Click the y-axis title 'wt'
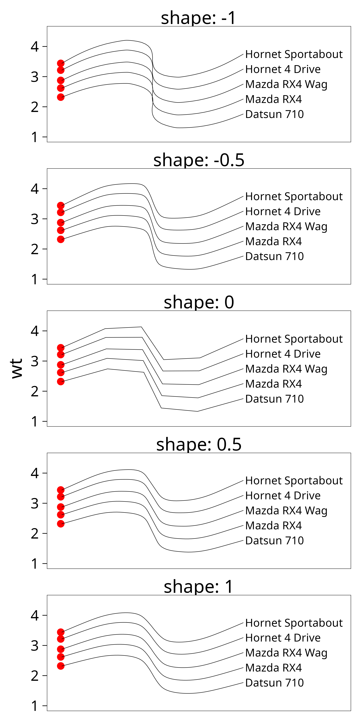click(17, 368)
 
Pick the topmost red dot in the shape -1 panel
click(61, 63)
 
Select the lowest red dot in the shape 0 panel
click(61, 381)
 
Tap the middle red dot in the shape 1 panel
click(61, 649)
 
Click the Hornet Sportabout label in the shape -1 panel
click(294, 54)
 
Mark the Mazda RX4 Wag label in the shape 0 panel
click(286, 369)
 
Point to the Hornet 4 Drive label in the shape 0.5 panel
click(283, 496)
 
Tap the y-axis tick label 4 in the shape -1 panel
click(35, 47)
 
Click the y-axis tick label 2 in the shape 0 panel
click(35, 391)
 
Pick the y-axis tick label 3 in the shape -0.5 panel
click(35, 219)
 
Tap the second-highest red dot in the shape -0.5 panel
click(61, 212)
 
